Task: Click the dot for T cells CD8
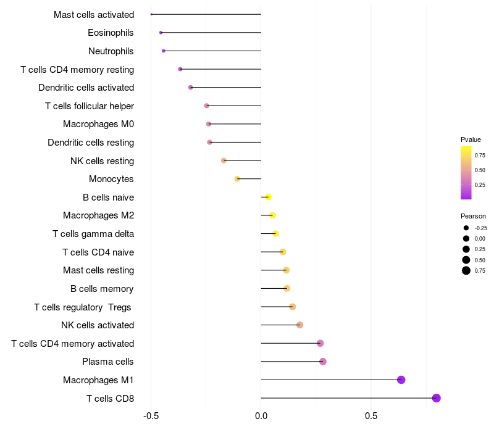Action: pyautogui.click(x=437, y=398)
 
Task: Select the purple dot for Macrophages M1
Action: pyautogui.click(x=401, y=380)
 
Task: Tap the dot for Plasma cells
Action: pyautogui.click(x=322, y=362)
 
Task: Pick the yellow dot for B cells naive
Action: pyautogui.click(x=268, y=197)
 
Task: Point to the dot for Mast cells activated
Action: pyautogui.click(x=151, y=14)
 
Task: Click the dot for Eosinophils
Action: pyautogui.click(x=161, y=32)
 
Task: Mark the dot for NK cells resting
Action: pyautogui.click(x=224, y=160)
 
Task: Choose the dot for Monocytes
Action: pyautogui.click(x=237, y=179)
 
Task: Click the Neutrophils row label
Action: pyautogui.click(x=111, y=51)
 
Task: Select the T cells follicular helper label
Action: pyautogui.click(x=90, y=106)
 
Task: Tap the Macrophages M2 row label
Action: pyautogui.click(x=99, y=215)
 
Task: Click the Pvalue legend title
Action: pyautogui.click(x=471, y=139)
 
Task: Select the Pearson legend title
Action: pyautogui.click(x=473, y=216)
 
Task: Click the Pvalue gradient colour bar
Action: pyautogui.click(x=466, y=173)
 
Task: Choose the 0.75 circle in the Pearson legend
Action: pyautogui.click(x=466, y=270)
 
